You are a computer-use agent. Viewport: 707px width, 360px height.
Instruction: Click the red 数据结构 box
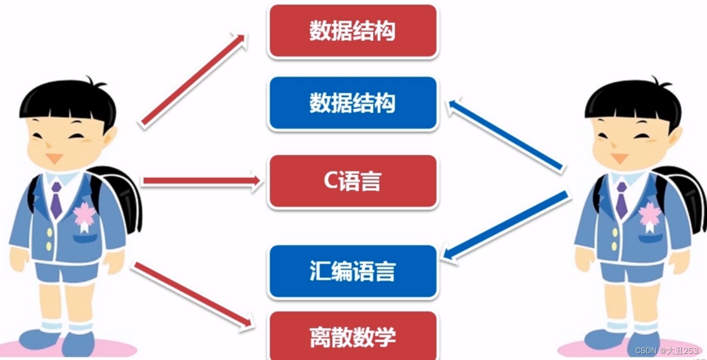click(352, 31)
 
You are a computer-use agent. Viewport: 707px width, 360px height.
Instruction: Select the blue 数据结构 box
click(352, 103)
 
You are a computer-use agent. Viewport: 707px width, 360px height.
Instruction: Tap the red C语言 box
click(352, 181)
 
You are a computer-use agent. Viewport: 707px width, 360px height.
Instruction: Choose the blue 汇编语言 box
click(352, 271)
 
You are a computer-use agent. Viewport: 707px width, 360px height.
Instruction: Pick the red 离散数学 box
click(352, 337)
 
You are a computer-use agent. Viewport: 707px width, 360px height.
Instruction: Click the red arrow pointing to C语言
click(201, 181)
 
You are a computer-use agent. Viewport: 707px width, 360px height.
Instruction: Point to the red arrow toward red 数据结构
click(193, 79)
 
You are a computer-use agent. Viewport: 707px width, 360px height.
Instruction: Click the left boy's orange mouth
click(54, 158)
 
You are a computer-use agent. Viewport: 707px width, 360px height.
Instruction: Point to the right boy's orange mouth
click(619, 158)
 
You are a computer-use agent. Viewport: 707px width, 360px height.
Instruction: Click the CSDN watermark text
click(667, 350)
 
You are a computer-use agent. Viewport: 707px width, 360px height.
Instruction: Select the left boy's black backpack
click(123, 196)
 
